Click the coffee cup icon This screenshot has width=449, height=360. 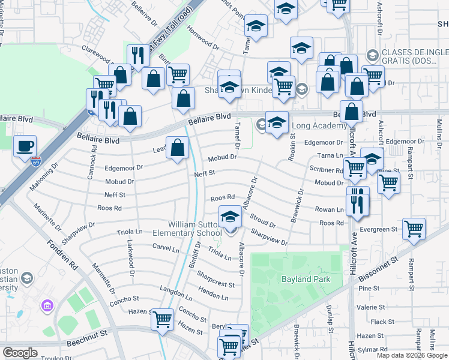point(25,146)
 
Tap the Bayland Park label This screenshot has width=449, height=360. point(305,279)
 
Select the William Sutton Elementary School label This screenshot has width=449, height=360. point(194,229)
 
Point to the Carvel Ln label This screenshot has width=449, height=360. point(166,248)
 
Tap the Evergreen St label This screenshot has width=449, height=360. point(379,229)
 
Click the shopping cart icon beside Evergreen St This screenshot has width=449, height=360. point(414,228)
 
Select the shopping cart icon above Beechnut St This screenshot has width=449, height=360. point(162,319)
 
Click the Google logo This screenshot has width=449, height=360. point(20,353)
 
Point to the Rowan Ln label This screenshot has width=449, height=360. point(329,209)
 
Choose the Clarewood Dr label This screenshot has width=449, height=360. point(98,56)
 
